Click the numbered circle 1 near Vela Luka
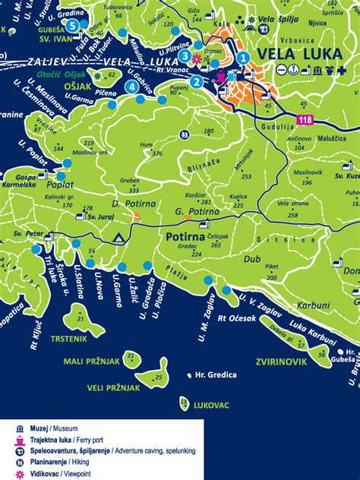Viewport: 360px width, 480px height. (242, 57)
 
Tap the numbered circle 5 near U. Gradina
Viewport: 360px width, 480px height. (72, 25)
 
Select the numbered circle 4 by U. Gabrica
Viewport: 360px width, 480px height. (133, 87)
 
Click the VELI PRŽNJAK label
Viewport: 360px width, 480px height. (114, 387)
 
